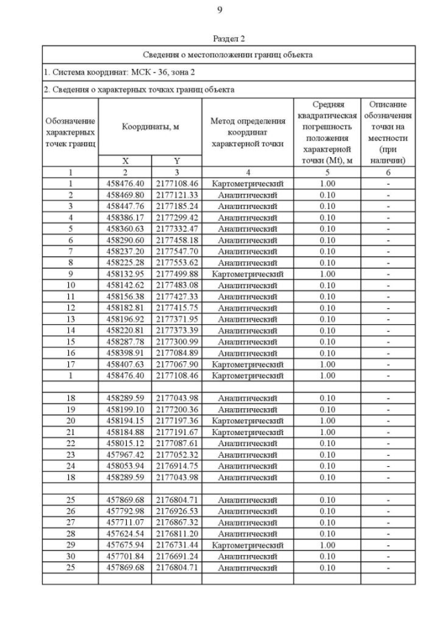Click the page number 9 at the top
coord(220,9)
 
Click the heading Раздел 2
coord(229,39)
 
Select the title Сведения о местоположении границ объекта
coord(228,54)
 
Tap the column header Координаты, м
coord(150,127)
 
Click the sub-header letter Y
coord(176,161)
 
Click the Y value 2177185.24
coord(176,206)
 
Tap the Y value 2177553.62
coord(176,263)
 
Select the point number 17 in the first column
coord(70,364)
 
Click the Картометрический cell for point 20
coord(247,421)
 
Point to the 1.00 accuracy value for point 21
coord(327,432)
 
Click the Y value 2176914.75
coord(176,465)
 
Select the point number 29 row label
coord(70,545)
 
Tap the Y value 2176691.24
coord(176,556)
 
